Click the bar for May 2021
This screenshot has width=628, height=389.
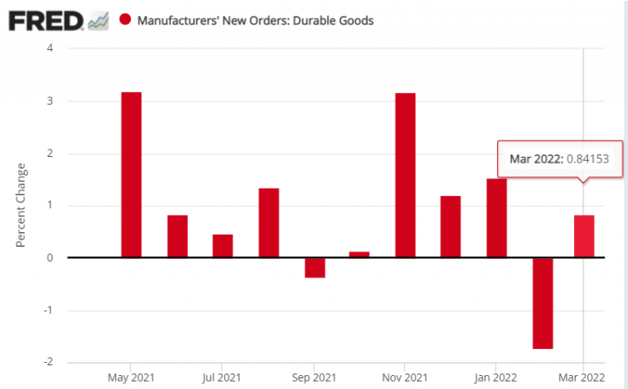(x=131, y=175)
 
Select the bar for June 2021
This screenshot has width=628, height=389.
(x=177, y=236)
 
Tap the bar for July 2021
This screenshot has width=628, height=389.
(x=222, y=246)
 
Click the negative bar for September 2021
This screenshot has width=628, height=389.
(x=315, y=268)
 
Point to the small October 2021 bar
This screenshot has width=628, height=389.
(x=360, y=254)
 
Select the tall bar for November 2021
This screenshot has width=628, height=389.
(x=405, y=176)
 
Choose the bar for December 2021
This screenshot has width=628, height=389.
(x=451, y=227)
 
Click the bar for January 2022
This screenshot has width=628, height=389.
(x=496, y=218)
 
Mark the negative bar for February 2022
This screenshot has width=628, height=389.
(x=542, y=303)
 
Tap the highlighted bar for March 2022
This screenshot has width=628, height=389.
(x=584, y=236)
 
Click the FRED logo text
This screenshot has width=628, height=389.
(x=45, y=20)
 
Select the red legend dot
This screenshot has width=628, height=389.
(x=125, y=20)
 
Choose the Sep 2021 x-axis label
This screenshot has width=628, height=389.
(x=314, y=378)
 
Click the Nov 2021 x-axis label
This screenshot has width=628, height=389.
(x=405, y=378)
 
